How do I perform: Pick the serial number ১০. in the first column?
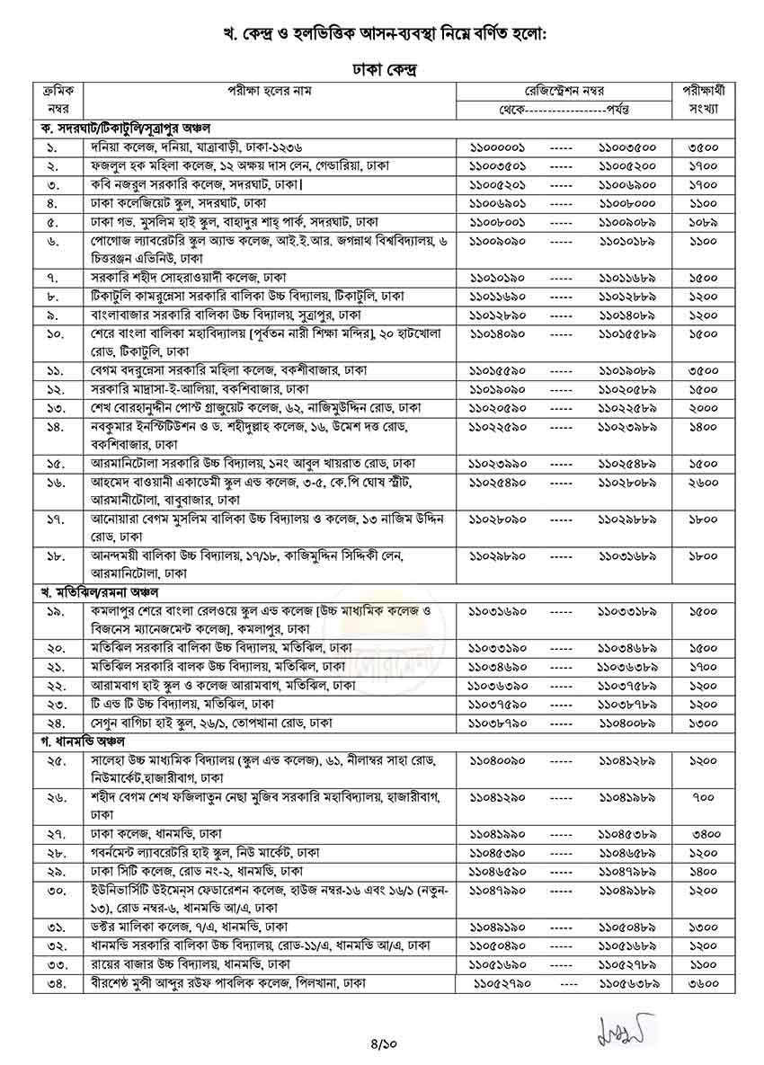click(53, 333)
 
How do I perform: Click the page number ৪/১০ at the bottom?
click(382, 1043)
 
